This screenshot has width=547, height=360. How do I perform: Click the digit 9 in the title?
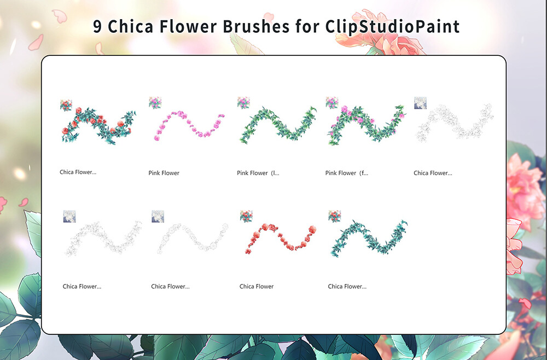[97, 27]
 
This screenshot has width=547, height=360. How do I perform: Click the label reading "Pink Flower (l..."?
[258, 173]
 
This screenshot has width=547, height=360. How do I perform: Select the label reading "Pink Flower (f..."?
[347, 173]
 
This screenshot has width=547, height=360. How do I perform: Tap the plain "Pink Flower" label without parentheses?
[164, 173]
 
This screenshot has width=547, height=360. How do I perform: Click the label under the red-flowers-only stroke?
[257, 286]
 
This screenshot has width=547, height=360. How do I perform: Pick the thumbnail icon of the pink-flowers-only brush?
[155, 103]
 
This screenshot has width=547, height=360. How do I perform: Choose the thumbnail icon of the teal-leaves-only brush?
[334, 216]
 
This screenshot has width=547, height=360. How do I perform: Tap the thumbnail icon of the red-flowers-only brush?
[246, 216]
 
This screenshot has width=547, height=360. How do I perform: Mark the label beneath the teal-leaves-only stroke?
[347, 286]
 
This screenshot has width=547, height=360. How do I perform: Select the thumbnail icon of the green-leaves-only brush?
[243, 103]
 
